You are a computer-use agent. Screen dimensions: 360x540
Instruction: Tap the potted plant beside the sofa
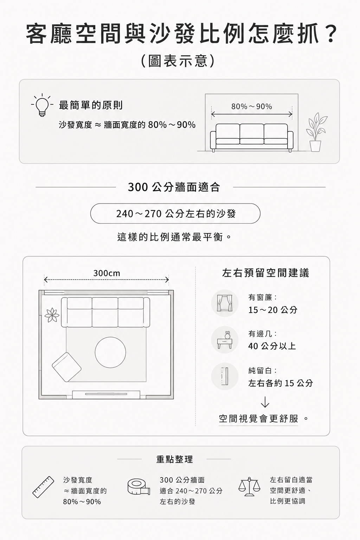point(316,132)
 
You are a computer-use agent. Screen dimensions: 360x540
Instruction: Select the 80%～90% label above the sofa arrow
point(251,106)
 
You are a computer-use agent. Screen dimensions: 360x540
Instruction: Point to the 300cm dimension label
point(107,273)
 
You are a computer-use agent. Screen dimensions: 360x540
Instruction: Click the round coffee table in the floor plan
point(110,352)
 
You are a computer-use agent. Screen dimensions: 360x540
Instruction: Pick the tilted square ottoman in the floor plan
point(66,367)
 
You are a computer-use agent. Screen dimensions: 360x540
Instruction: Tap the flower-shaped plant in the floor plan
point(52,315)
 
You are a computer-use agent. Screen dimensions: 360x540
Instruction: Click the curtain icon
point(225,303)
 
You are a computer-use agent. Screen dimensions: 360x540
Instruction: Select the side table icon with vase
point(225,340)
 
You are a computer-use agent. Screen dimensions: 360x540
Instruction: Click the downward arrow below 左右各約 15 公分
point(265,402)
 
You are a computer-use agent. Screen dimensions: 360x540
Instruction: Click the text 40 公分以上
point(272,346)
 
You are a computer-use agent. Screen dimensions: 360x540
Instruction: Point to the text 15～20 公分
point(273,310)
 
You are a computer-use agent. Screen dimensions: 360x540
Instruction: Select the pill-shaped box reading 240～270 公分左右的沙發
point(175,213)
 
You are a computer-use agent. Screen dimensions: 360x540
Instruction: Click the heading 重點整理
point(175,459)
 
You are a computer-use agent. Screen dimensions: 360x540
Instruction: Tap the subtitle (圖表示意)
point(178,60)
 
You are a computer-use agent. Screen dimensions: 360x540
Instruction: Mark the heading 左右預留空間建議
point(265,273)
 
